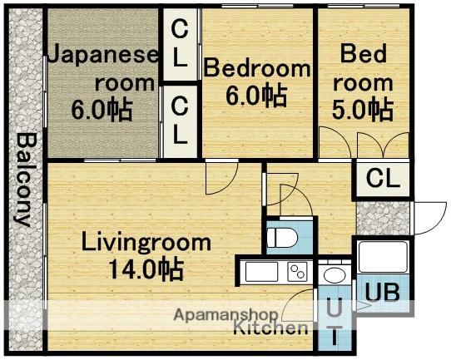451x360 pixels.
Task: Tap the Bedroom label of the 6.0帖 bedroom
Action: click(x=257, y=68)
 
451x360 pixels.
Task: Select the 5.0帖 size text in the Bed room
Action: click(x=365, y=108)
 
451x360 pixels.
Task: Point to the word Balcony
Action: click(x=24, y=179)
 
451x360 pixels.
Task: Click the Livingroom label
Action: click(x=146, y=243)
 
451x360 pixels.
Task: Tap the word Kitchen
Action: click(x=270, y=328)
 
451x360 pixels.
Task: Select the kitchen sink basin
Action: click(x=259, y=271)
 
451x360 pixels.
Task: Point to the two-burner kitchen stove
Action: click(x=297, y=270)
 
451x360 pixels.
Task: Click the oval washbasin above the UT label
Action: click(x=335, y=275)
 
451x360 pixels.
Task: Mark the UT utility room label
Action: click(x=334, y=321)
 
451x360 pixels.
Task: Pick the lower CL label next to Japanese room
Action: click(x=180, y=119)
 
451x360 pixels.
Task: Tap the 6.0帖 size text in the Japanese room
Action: click(x=101, y=110)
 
